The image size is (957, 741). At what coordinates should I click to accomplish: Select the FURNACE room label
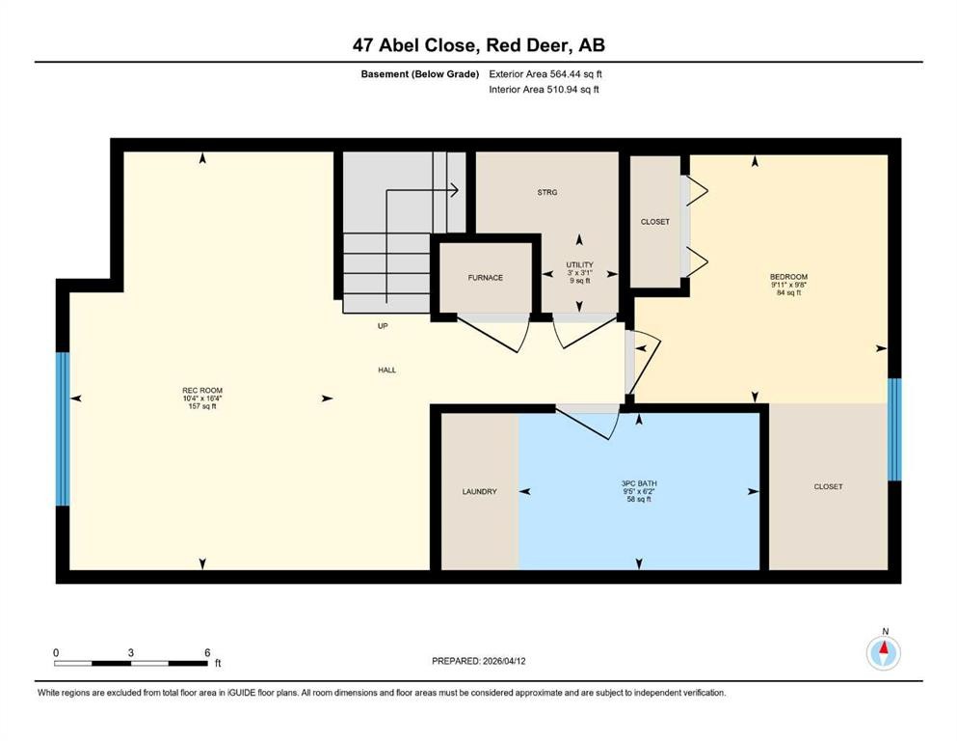point(486,278)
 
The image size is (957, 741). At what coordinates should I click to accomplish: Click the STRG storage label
point(546,192)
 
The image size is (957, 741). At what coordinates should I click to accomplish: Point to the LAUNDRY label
point(479,492)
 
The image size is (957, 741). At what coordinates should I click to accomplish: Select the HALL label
point(386,370)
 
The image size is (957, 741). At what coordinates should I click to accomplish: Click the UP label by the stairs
point(383,326)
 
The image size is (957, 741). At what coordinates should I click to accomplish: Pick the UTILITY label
point(579,264)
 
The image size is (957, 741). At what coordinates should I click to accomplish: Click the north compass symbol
point(883,653)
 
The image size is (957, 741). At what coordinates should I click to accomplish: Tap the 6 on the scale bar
point(207,652)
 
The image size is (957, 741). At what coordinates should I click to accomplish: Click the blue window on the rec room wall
point(63,428)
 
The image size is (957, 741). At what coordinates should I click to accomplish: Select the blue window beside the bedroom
point(893,429)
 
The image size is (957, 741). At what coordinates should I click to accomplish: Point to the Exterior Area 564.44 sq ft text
point(550,73)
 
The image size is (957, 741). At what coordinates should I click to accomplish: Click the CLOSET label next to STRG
point(654,222)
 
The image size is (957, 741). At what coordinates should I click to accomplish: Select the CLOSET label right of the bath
point(828,486)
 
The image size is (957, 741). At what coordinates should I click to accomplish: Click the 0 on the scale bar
point(56,652)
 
